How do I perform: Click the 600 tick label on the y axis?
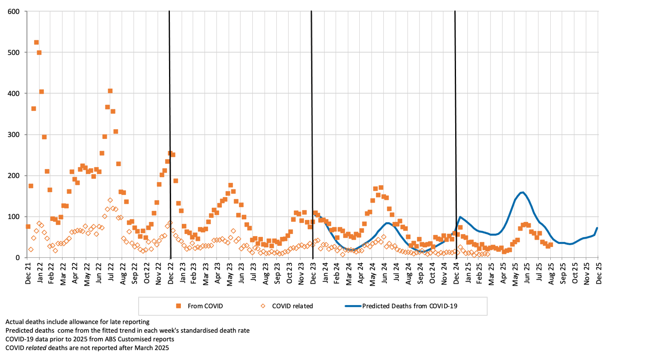[13, 11]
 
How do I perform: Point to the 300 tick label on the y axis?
[13, 134]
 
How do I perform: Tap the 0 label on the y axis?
[17, 258]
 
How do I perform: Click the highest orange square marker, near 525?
[36, 42]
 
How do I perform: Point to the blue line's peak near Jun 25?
[522, 192]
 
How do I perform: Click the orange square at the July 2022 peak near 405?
[110, 91]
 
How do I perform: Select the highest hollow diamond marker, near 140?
[110, 200]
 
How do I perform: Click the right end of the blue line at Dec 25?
[597, 228]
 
